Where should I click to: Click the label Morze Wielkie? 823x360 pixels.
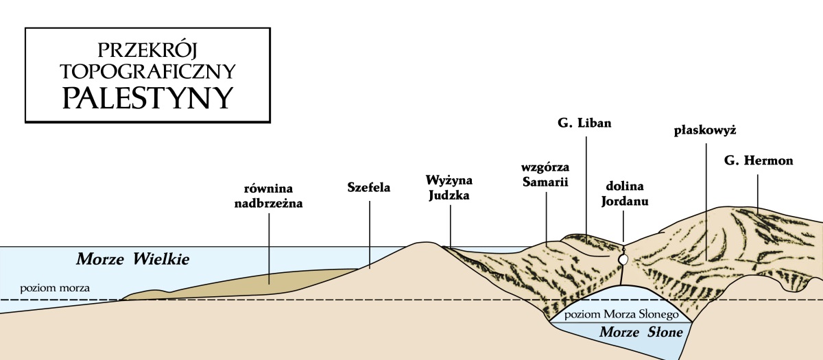[x=132, y=259]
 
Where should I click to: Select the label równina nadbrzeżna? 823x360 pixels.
[x=273, y=195]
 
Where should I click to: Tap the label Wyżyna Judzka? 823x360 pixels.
[x=450, y=186]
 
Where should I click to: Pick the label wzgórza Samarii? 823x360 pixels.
[x=546, y=174]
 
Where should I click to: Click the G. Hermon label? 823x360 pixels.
[x=758, y=161]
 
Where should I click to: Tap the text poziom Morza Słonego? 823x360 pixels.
[x=620, y=315]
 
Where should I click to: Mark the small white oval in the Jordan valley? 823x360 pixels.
[x=623, y=260]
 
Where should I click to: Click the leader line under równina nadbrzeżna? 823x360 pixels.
[x=270, y=246]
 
